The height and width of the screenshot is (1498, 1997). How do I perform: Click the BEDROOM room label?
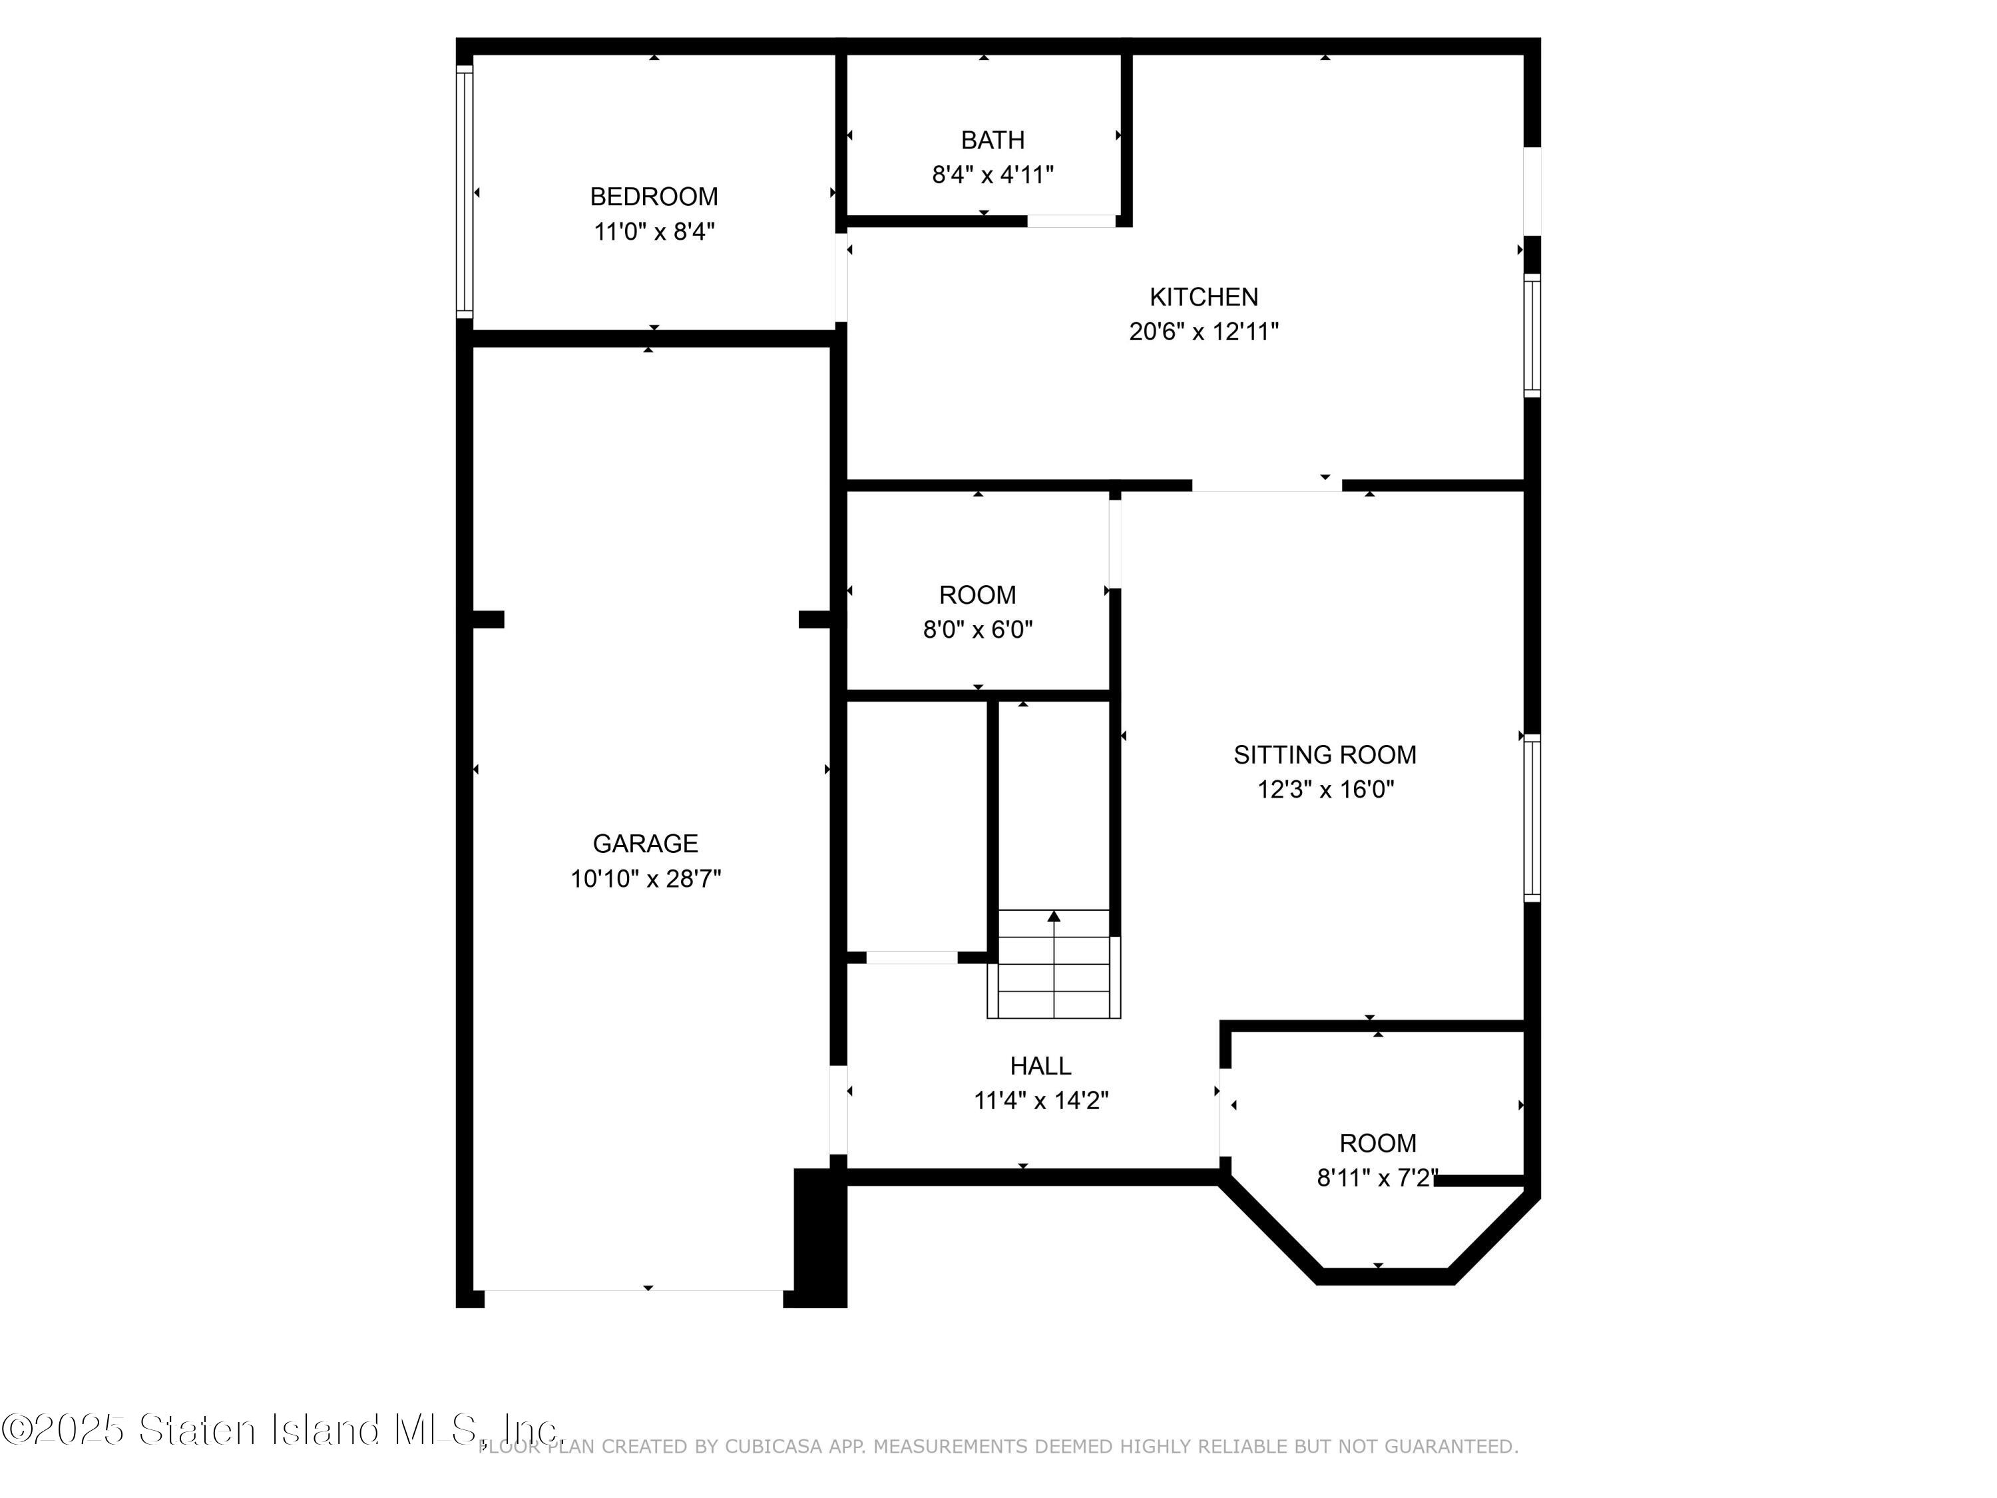pos(654,197)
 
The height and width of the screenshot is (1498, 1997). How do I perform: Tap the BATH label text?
pos(993,141)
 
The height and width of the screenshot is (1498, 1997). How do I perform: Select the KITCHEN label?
pos(1204,297)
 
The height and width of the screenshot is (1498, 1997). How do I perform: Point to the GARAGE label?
pos(644,844)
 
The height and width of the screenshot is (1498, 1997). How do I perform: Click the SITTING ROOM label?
pos(1325,755)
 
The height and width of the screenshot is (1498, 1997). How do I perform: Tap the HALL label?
pos(1040,1067)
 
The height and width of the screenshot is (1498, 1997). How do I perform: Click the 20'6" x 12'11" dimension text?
pos(1204,332)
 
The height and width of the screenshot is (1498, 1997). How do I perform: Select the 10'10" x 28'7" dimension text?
pos(644,879)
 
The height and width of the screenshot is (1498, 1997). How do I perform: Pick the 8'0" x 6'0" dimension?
pos(977,629)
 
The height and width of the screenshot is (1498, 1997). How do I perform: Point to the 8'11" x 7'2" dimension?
pos(1377,1178)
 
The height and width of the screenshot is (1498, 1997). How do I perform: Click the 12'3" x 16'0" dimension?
pos(1325,790)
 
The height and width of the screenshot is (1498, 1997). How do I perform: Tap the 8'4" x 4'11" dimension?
pos(993,175)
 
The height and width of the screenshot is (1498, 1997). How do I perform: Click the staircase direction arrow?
pos(1054,917)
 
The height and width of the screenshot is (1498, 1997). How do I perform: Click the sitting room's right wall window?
pos(1532,818)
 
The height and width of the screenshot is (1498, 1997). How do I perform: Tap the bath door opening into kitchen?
pos(1072,221)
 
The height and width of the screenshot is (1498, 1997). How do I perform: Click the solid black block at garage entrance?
pos(819,1237)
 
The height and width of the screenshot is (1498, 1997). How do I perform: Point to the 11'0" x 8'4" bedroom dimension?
pos(654,232)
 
